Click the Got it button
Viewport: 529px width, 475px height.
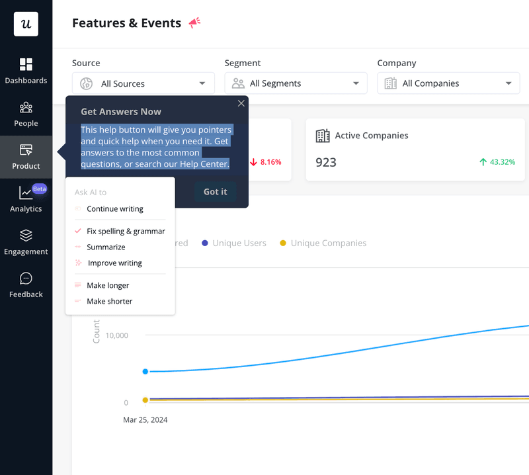(x=215, y=192)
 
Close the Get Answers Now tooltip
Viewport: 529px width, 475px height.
(x=241, y=103)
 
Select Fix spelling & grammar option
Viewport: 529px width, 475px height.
(x=125, y=232)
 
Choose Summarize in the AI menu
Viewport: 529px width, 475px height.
(x=106, y=247)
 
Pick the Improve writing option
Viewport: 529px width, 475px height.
(x=114, y=263)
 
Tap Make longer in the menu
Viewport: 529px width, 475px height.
(x=108, y=286)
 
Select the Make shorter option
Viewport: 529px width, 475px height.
(x=109, y=302)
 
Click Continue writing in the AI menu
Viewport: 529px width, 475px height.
(x=114, y=209)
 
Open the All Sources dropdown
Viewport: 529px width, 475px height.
(x=143, y=83)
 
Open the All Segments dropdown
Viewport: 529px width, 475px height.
(x=296, y=83)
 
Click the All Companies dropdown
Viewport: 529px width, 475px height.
(x=448, y=83)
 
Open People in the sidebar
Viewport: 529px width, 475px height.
(x=26, y=114)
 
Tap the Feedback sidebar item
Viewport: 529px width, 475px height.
(x=26, y=285)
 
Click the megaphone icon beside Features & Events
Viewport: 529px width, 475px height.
(x=194, y=23)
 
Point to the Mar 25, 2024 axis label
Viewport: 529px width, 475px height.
(x=145, y=419)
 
